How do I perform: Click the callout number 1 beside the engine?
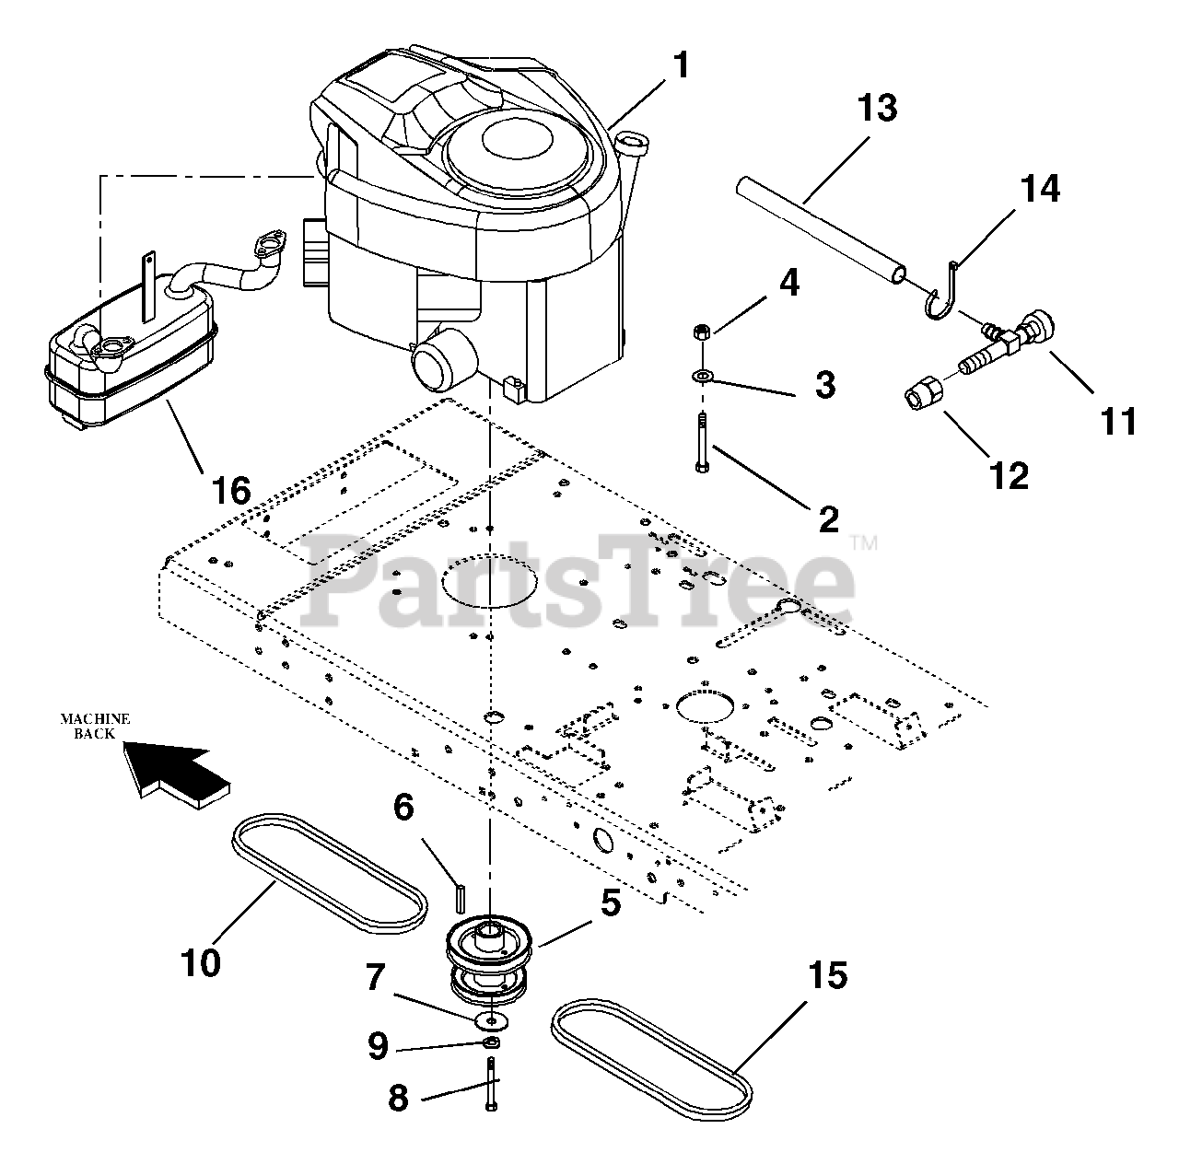(x=680, y=66)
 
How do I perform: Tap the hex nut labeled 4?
(x=702, y=332)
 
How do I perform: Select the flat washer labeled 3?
(x=703, y=375)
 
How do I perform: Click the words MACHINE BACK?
(x=95, y=726)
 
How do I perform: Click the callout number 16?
(x=230, y=490)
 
